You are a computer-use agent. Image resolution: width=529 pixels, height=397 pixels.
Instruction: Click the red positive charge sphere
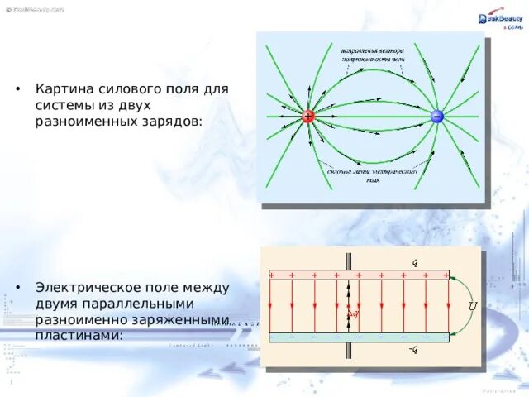[x=307, y=117]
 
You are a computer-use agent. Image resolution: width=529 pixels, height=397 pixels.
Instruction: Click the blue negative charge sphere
[x=436, y=117]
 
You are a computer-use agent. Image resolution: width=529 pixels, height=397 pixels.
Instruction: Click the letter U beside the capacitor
[x=472, y=305]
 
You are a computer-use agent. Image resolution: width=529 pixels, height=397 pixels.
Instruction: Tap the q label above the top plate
[x=415, y=262]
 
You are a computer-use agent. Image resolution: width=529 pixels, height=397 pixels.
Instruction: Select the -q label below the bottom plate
[x=412, y=349]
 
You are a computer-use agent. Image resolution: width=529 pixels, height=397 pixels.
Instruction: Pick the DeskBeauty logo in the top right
[x=496, y=20]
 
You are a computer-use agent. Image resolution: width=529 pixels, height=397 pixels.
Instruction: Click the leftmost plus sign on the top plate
[x=272, y=275]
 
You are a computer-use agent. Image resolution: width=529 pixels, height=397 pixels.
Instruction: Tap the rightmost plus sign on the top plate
[x=446, y=275]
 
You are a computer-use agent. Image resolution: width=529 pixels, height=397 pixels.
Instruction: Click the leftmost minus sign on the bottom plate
[x=272, y=337]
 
